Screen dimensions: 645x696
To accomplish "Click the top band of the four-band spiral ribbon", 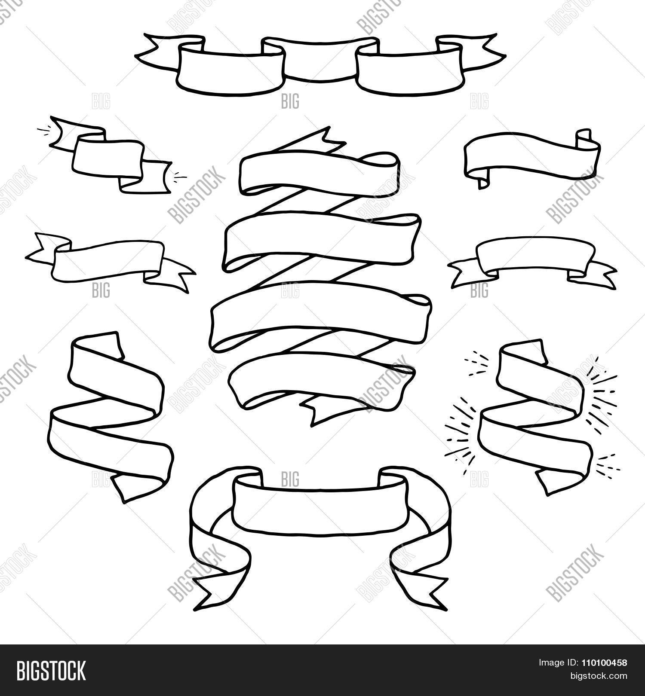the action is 318,171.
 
